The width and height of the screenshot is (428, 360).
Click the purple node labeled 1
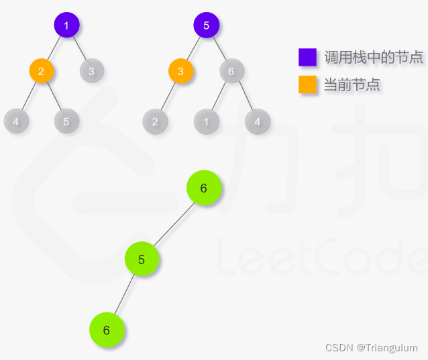[66, 26]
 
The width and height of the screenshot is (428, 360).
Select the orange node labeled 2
[42, 70]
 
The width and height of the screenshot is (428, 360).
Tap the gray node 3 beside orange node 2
[92, 70]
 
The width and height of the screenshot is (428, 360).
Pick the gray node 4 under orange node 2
[16, 121]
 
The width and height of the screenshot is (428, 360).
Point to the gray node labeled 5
[66, 121]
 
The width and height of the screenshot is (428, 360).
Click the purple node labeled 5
[207, 26]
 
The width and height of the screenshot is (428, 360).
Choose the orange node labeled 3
[180, 70]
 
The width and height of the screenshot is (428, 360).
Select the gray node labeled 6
[231, 70]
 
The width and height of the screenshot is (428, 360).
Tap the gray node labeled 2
[155, 121]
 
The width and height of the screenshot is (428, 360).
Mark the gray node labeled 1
[207, 121]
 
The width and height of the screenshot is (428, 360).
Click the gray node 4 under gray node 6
[257, 121]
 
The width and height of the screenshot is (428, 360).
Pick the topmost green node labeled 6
[204, 188]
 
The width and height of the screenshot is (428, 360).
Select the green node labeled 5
[142, 259]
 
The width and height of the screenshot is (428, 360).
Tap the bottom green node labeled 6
[107, 330]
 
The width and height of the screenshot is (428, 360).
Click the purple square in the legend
[307, 57]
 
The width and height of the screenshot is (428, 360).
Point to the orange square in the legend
[307, 84]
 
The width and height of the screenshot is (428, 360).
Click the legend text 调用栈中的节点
[373, 58]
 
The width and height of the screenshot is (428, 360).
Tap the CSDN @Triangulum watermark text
[371, 347]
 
